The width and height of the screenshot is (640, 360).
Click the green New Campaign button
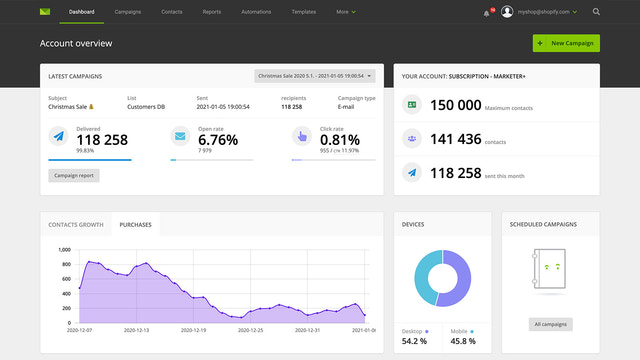[x=566, y=43]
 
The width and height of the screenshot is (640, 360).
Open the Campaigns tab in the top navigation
[x=128, y=12]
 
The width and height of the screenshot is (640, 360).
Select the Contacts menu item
[x=172, y=12]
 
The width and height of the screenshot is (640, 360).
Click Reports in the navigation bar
[x=212, y=12]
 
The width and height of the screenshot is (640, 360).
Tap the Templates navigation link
[x=304, y=12]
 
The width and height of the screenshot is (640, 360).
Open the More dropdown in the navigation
[x=346, y=12]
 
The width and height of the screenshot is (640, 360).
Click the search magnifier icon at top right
[x=596, y=12]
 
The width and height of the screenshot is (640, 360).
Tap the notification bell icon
[x=485, y=12]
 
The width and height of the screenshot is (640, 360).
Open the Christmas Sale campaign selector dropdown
[x=315, y=75]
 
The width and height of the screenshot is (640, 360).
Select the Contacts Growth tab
[x=76, y=225]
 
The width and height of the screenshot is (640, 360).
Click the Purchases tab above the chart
[x=135, y=225]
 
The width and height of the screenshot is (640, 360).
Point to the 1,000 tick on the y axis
[x=64, y=250]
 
